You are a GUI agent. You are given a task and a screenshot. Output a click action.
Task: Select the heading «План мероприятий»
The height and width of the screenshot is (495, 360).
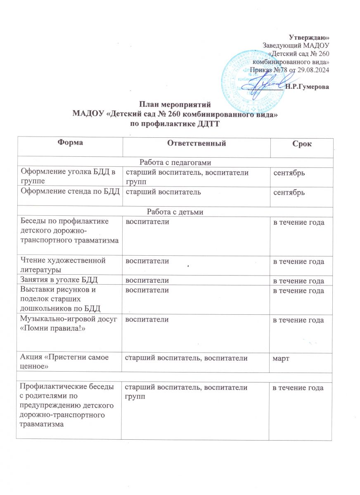173,105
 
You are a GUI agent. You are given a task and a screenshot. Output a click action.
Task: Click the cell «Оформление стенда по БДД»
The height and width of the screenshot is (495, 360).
70,192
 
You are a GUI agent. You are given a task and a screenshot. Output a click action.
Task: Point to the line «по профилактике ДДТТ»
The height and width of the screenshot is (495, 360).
173,125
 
